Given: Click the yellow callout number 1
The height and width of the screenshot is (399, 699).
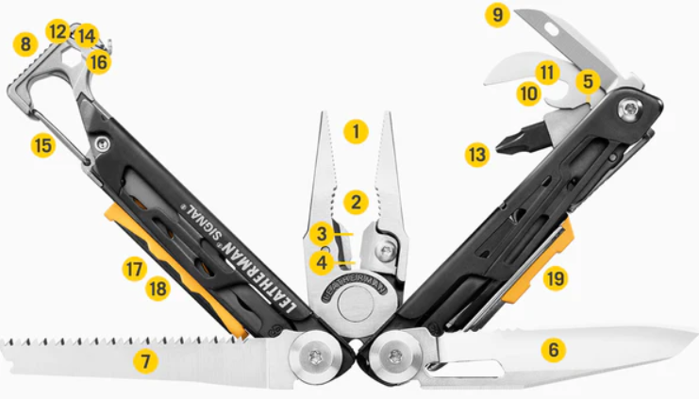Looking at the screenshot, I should click(355, 130).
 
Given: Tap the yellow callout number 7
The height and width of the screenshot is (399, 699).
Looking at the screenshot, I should click(144, 360).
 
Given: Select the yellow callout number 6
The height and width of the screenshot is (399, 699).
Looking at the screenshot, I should click(554, 350).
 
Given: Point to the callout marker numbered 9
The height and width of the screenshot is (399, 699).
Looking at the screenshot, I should click(496, 15).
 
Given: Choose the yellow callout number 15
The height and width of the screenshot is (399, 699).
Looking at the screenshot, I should click(42, 145).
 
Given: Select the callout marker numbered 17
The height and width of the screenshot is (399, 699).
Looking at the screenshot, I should click(134, 270).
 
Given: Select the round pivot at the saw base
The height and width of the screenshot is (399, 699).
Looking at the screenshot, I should click(316, 357).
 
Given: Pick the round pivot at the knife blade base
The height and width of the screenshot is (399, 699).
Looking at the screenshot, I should click(395, 357).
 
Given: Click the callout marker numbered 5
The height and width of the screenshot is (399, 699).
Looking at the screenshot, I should click(588, 82).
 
